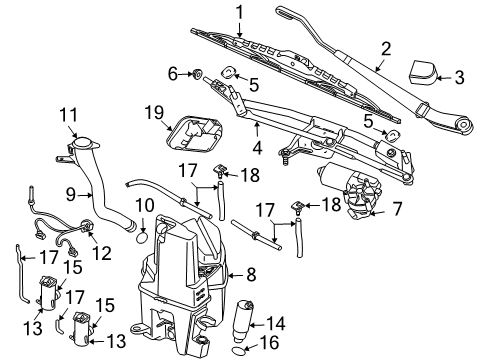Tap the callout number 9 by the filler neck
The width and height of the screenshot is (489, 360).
point(70,193)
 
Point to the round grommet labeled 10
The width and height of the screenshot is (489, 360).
point(143,238)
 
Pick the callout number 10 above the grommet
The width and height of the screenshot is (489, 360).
point(143,206)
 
